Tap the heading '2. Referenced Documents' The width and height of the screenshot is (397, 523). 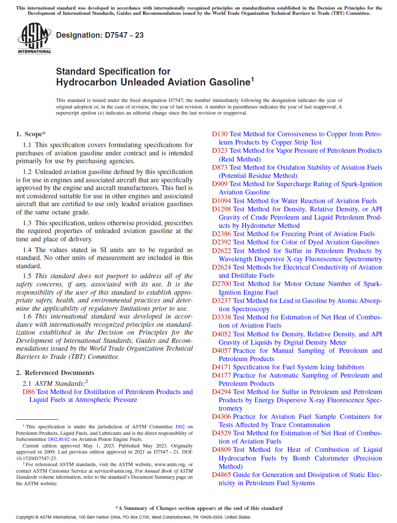(55, 372)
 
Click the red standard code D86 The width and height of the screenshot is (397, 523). (29, 391)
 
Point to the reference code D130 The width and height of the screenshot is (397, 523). (220, 134)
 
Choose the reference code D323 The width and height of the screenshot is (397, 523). (220, 151)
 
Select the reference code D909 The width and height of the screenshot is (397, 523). (220, 184)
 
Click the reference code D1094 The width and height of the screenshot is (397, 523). (221, 201)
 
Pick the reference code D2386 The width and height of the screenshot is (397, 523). (221, 234)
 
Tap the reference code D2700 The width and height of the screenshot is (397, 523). (221, 284)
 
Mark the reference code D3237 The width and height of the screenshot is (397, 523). (221, 301)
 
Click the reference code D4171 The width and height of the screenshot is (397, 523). (221, 367)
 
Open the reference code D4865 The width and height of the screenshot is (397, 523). (221, 475)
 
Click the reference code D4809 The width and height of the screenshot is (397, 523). (221, 450)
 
